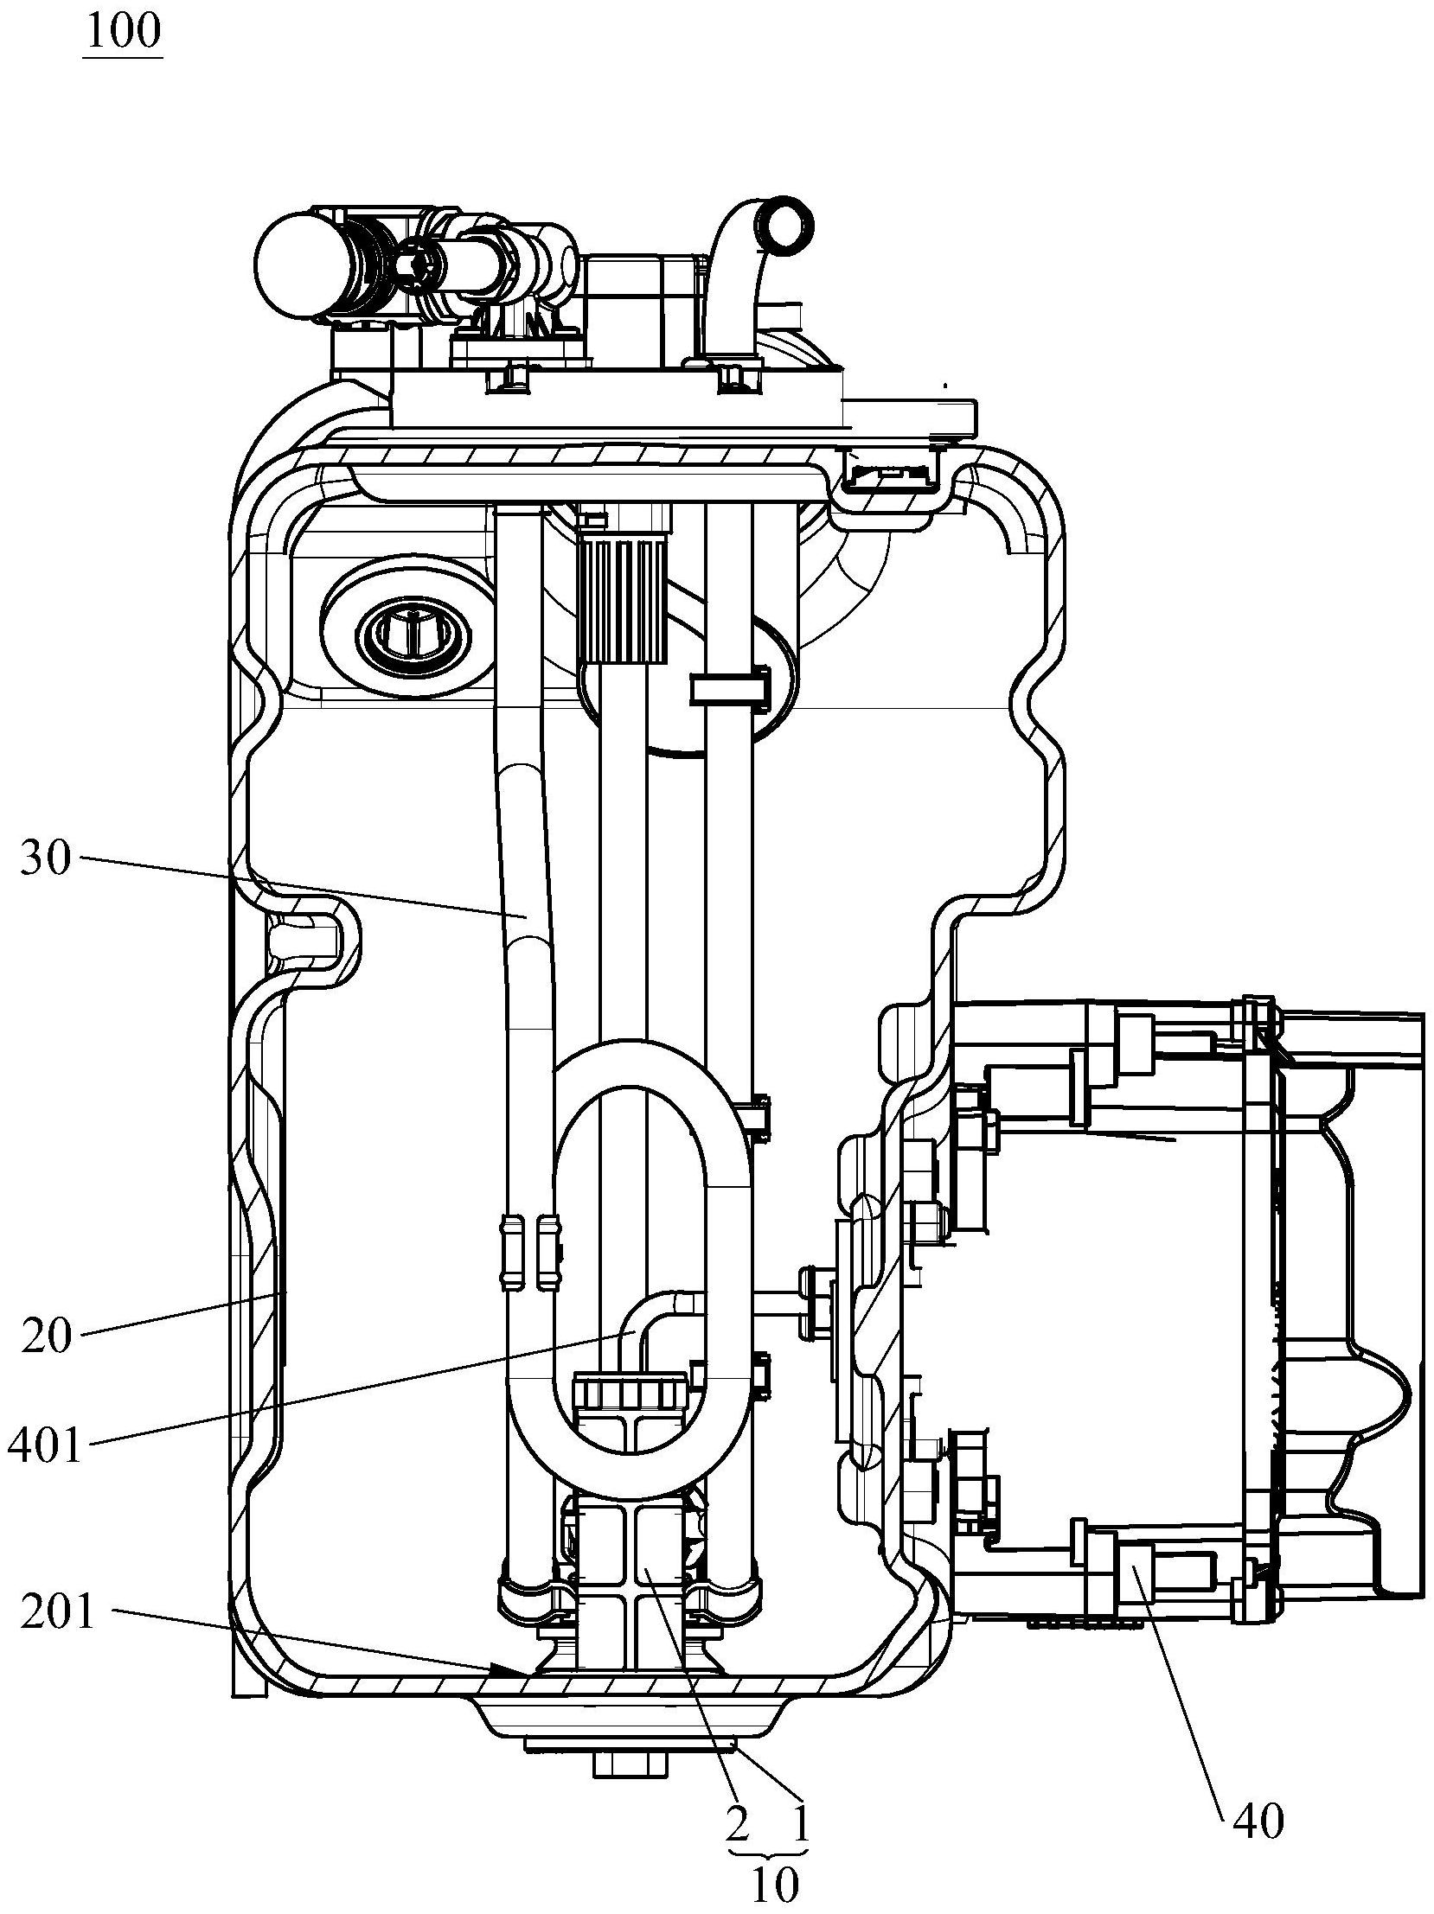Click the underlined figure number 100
(123, 32)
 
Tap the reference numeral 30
(45, 859)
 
